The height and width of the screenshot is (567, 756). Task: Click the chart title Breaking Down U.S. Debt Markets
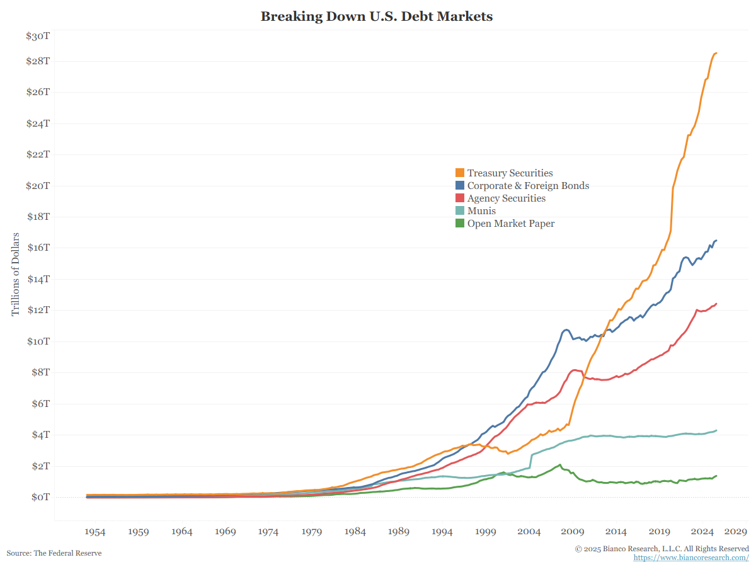[x=377, y=17]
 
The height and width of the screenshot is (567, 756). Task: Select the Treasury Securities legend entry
[x=510, y=173]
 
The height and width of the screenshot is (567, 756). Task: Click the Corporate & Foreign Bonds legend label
[x=528, y=186]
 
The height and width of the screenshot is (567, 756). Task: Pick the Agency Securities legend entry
[x=506, y=198]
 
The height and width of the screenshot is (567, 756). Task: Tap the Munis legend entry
[x=481, y=211]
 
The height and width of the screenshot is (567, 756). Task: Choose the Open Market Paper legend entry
[x=510, y=224]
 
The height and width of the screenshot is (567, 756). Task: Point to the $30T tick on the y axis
[x=38, y=37]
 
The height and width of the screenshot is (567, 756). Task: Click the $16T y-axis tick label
[x=38, y=248]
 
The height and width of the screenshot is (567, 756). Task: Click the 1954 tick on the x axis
[x=95, y=532]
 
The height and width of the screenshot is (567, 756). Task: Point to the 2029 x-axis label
[x=735, y=532]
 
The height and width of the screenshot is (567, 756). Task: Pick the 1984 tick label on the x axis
[x=355, y=532]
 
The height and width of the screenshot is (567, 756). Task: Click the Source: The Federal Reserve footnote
[x=54, y=553]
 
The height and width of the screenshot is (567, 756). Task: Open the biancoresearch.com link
[x=691, y=558]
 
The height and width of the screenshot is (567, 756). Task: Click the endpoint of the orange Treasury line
[x=716, y=54]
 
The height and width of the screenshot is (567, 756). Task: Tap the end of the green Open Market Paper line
[x=716, y=476]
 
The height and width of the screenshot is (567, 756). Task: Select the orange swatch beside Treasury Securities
[x=460, y=173]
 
